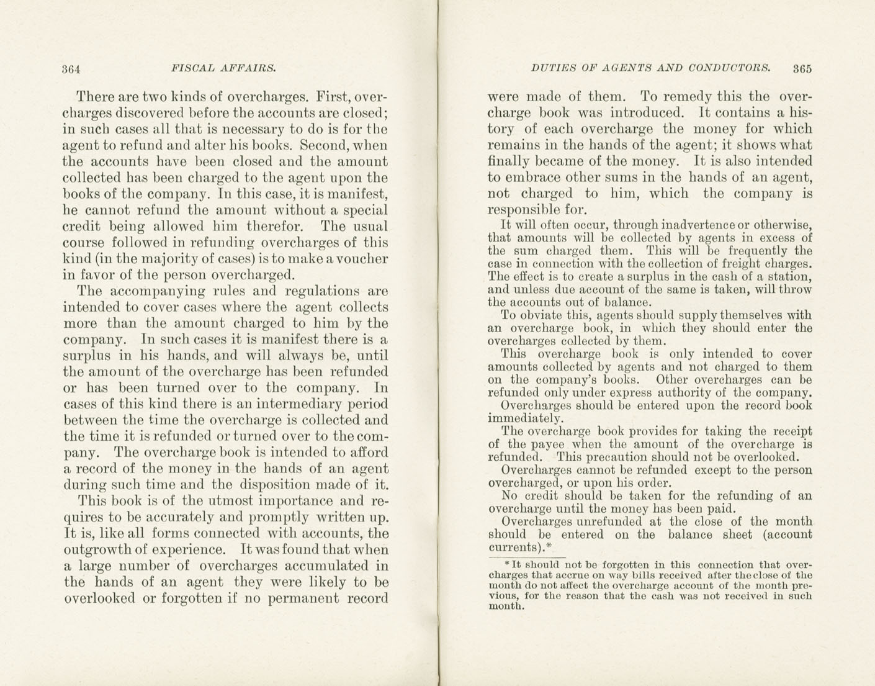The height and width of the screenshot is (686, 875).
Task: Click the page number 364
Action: click(x=72, y=69)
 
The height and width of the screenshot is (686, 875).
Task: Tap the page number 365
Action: click(x=802, y=69)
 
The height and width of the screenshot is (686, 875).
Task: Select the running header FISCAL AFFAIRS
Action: click(x=223, y=68)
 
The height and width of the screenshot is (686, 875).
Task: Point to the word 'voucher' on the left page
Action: click(x=362, y=259)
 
